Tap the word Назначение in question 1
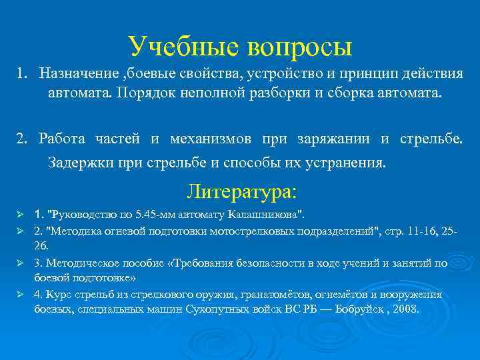tap(75, 72)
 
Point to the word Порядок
tap(148, 92)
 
